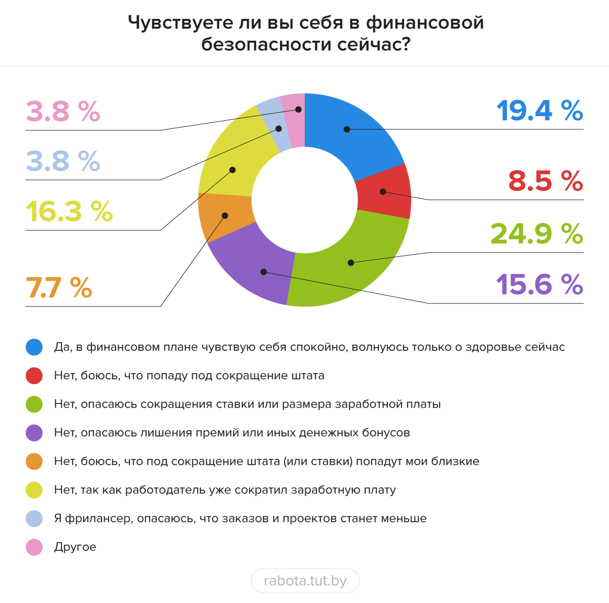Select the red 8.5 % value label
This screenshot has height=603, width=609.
pos(546,181)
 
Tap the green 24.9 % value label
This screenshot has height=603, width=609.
pos(536,233)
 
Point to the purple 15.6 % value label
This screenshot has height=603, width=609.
pos(539,284)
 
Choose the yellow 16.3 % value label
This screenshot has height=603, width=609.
pos(69,212)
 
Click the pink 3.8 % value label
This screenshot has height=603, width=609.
pos(63,111)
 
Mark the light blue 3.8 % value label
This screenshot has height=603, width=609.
pos(63,161)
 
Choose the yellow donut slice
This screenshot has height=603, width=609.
pos(228,162)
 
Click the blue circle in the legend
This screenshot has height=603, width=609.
pos(34,347)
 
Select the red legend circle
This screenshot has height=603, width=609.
pos(34,376)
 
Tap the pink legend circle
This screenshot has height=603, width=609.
pos(34,547)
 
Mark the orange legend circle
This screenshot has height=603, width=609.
pos(34,461)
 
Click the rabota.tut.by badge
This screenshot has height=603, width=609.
pos(305,581)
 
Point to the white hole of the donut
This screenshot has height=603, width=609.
pos(304,200)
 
